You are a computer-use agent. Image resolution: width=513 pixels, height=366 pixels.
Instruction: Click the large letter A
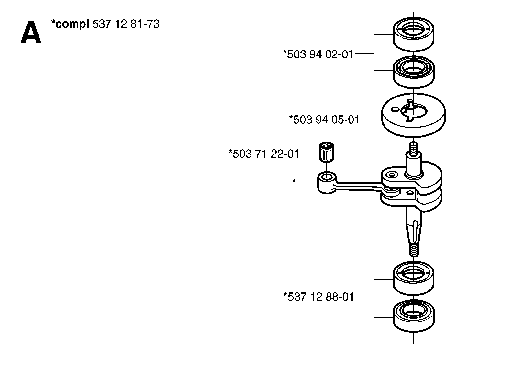coord(31,32)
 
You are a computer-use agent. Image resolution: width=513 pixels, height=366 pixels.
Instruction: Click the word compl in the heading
coord(72,24)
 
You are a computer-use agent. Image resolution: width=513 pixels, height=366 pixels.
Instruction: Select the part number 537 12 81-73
coord(126,24)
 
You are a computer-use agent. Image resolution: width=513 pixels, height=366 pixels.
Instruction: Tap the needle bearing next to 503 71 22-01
coord(326,152)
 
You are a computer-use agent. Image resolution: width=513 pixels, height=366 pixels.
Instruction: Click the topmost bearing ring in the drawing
coord(414,34)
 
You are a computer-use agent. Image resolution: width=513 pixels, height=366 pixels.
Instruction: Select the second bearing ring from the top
coord(414,72)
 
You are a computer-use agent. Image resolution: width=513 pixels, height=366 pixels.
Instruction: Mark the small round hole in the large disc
coord(394,110)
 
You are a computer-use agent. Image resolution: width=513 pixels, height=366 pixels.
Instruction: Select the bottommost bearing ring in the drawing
coord(414,316)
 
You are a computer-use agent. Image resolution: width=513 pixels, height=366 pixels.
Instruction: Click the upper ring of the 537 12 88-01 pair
coord(414,278)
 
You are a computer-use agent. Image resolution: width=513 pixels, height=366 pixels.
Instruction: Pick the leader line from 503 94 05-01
coord(373,119)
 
